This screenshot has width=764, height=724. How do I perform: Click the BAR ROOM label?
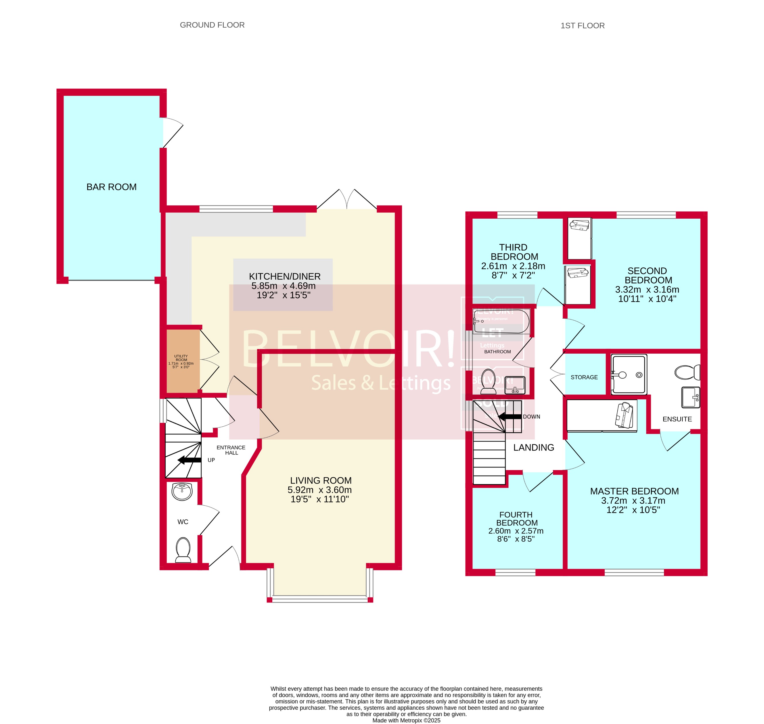click(111, 187)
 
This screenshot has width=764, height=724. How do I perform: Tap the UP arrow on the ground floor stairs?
click(189, 460)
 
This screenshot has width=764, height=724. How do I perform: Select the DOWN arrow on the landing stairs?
click(510, 416)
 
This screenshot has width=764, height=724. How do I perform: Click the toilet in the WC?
click(183, 550)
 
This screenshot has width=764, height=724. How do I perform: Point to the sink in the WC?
click(182, 492)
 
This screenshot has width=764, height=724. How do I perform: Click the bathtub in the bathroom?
click(501, 321)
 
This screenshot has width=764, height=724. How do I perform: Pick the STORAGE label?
click(584, 377)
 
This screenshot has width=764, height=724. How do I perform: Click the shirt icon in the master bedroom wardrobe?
click(625, 415)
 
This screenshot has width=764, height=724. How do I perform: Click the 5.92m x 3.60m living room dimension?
click(319, 490)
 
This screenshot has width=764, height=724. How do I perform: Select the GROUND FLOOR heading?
click(212, 25)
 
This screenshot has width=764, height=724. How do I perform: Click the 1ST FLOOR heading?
click(583, 26)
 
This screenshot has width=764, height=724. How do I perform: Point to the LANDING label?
click(533, 447)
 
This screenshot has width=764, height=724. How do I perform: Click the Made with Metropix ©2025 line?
click(406, 720)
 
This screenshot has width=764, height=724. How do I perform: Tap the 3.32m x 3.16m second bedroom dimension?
click(647, 289)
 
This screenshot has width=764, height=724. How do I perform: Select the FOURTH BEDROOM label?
click(516, 519)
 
